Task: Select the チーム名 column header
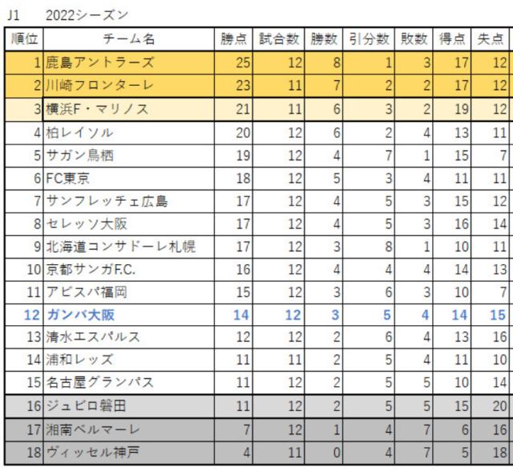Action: pos(129,38)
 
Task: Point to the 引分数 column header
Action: pos(370,38)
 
